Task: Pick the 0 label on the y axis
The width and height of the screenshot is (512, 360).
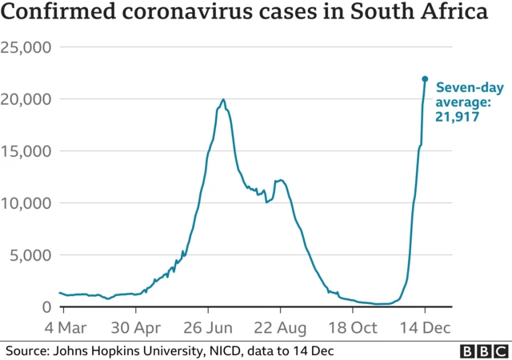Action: (46, 307)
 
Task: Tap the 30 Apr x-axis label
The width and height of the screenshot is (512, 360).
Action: (136, 328)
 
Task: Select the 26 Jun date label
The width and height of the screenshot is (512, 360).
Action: (208, 328)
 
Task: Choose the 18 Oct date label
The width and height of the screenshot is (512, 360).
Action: (354, 328)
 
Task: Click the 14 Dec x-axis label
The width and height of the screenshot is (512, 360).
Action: (425, 328)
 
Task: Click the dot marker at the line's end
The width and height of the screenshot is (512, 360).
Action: (425, 78)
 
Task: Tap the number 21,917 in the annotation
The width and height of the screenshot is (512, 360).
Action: (457, 118)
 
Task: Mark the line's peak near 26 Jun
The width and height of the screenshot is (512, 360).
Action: (223, 100)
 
